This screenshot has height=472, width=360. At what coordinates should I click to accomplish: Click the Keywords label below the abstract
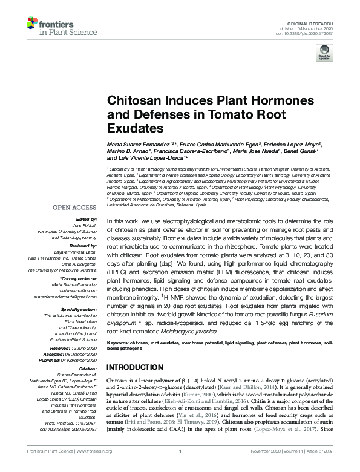pos(119,343)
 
